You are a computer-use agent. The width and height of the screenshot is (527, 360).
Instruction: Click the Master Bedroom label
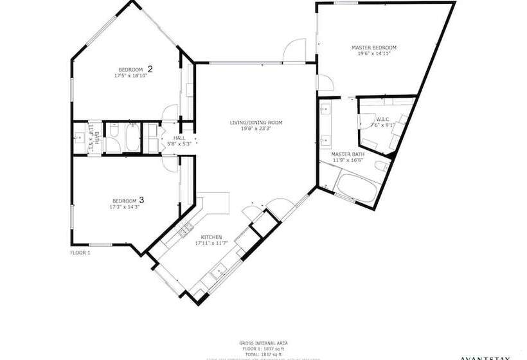pyautogui.click(x=373, y=47)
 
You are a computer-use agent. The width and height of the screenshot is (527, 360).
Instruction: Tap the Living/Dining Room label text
pyautogui.click(x=256, y=123)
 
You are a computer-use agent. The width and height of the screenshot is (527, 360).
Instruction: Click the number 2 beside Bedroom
pyautogui.click(x=150, y=69)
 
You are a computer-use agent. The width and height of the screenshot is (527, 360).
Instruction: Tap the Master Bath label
pyautogui.click(x=348, y=156)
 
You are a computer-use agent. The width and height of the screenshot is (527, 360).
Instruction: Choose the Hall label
pyautogui.click(x=179, y=138)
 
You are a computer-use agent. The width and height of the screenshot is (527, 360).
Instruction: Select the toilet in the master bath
pyautogui.click(x=380, y=168)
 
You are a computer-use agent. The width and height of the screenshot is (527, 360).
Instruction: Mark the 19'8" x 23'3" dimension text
pyautogui.click(x=256, y=129)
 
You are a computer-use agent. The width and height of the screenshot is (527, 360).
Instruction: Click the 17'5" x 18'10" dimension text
pyautogui.click(x=131, y=76)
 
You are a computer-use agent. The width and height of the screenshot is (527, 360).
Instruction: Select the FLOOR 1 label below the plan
pyautogui.click(x=80, y=253)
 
